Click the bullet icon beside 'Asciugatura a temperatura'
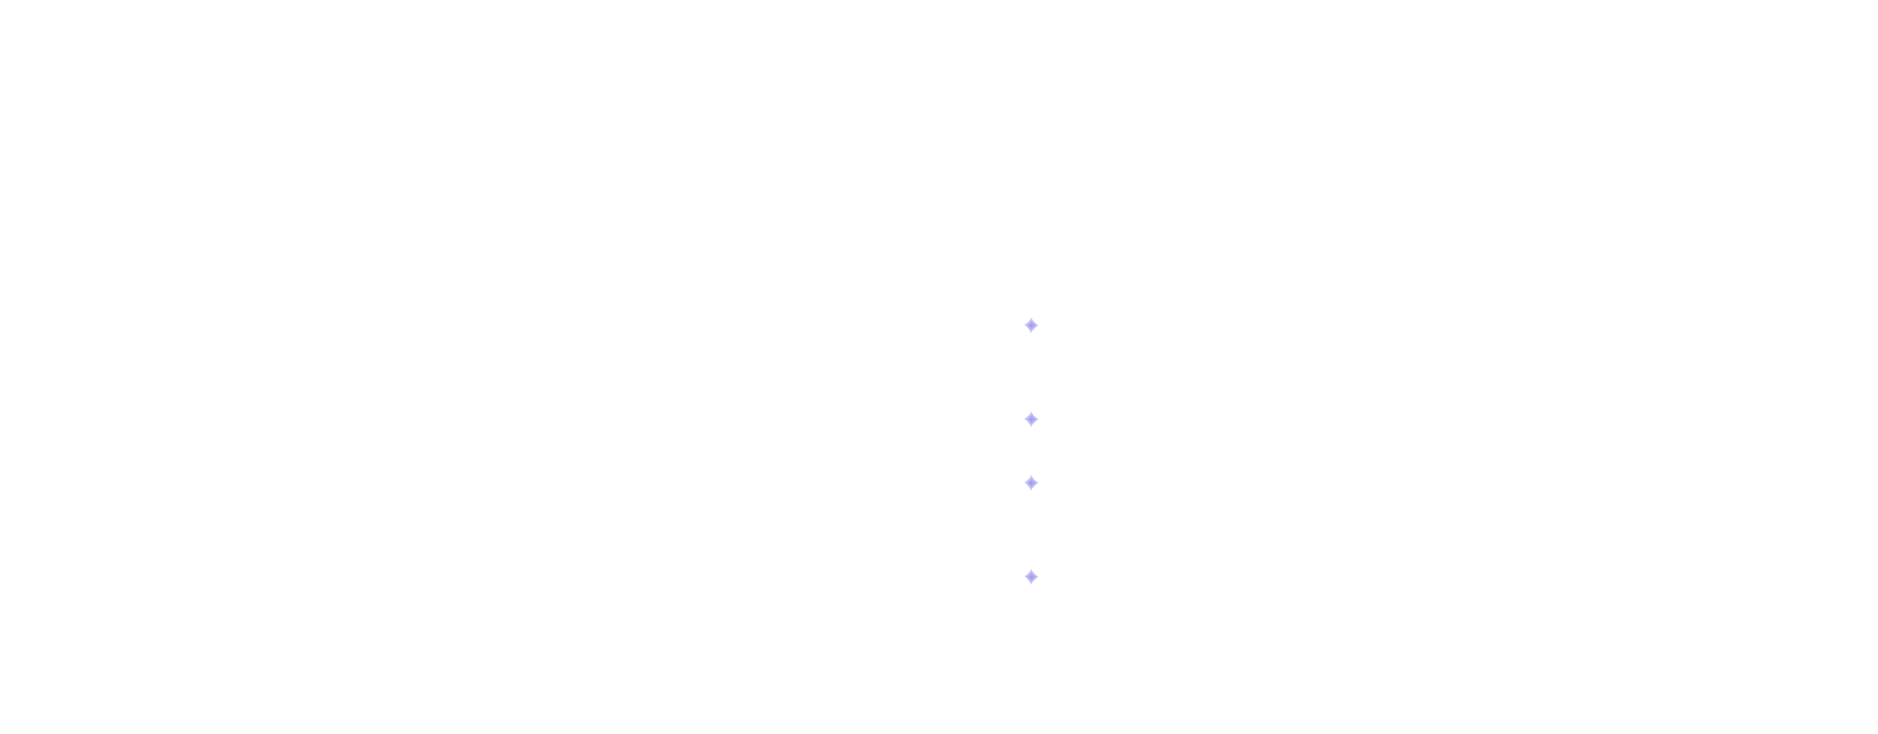pos(1032,326)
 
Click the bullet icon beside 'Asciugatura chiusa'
pos(1032,420)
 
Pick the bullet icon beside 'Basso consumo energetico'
pos(1032,483)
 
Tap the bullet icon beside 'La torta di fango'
pos(1032,577)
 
